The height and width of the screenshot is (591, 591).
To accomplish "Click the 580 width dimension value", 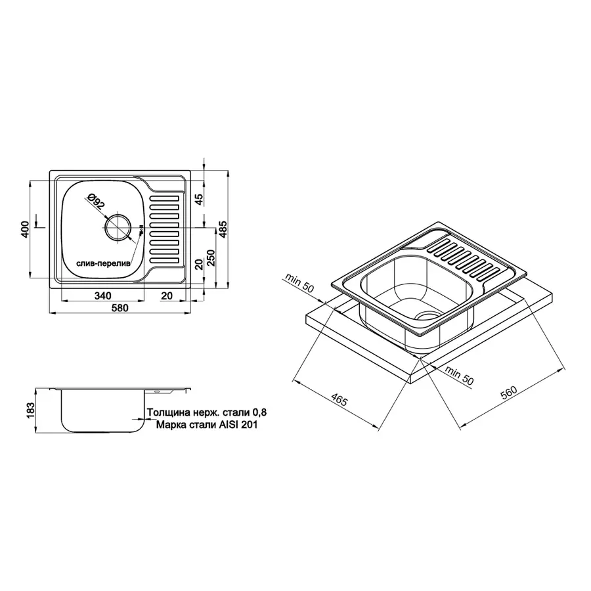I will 119,307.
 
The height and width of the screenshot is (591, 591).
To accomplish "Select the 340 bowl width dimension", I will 102,296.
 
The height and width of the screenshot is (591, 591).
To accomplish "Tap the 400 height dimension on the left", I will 25,229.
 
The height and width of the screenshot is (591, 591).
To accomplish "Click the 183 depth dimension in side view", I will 25,411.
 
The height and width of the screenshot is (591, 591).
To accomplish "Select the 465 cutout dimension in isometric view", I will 339,401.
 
